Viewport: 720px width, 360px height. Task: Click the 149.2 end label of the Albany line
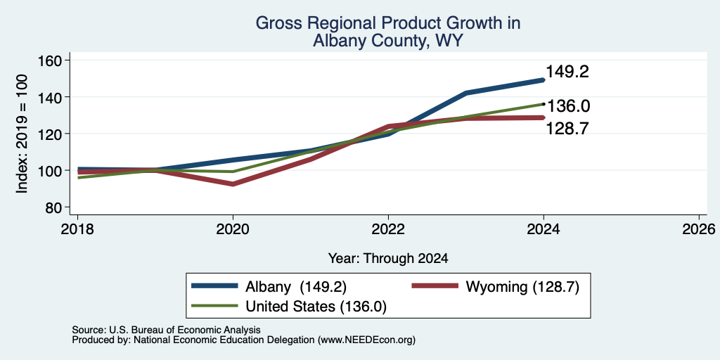[x=567, y=72]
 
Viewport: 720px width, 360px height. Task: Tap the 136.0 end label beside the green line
[x=568, y=107]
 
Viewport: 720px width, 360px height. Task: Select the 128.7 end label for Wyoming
[x=567, y=129]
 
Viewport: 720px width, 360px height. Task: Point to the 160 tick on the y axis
[x=51, y=60]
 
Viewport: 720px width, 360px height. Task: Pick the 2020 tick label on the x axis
[x=233, y=229]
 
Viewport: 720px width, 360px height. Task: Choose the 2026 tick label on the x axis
[x=698, y=229]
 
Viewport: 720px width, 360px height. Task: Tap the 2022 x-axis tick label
[x=388, y=229]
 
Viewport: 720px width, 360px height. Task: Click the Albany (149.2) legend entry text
[x=296, y=287]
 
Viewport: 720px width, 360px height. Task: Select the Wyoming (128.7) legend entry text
[x=522, y=287]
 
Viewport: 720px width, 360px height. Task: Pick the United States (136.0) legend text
[x=316, y=307]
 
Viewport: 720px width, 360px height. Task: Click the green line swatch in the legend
[x=215, y=306]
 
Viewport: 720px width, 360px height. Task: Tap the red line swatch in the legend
[x=435, y=286]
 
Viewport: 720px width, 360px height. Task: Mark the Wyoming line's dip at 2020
[x=233, y=184]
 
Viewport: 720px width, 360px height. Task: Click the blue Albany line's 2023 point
[x=466, y=93]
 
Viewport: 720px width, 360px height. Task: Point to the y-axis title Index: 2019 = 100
[x=22, y=134]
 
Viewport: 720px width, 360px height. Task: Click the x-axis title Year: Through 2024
[x=388, y=259]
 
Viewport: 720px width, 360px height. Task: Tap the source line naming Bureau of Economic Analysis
[x=166, y=330]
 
